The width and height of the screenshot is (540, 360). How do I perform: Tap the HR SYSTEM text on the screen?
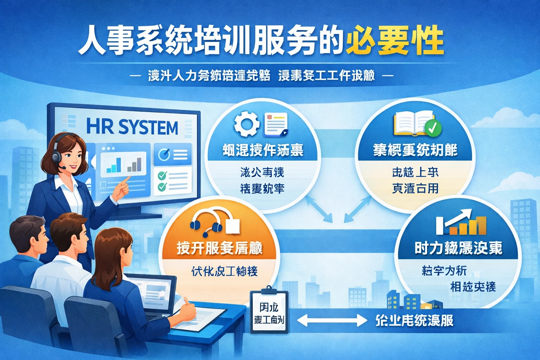point(132,127)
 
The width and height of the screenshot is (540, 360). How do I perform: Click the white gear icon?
point(247,124)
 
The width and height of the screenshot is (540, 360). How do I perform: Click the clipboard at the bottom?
point(269,311)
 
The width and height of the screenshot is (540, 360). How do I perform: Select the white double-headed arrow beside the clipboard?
point(332,320)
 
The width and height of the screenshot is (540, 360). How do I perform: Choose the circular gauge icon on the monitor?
point(164,154)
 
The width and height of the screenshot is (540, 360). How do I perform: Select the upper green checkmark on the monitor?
point(162,175)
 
